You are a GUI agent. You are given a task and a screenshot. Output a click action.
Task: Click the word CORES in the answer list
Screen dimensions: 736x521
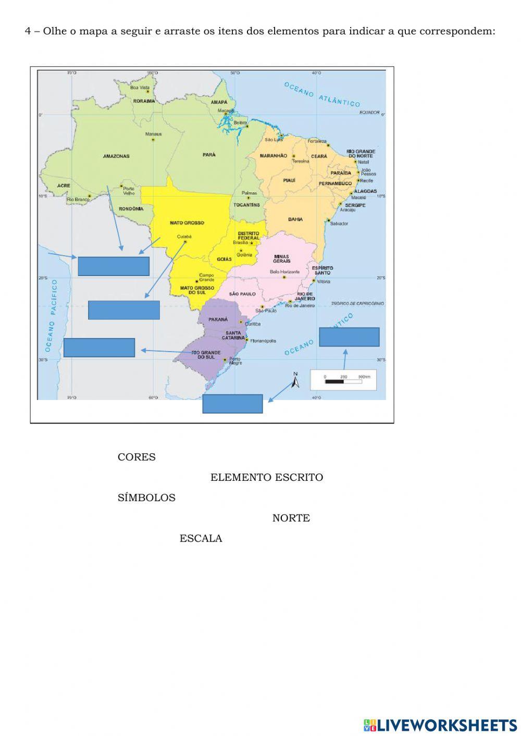[x=137, y=457]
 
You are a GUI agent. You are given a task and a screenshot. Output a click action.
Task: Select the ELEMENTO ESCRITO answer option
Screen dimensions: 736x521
[x=266, y=478]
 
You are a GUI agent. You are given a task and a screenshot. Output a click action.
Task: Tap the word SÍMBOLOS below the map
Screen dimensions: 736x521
[x=146, y=498]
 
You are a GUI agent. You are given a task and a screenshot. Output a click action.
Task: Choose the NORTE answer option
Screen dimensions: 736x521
[x=291, y=518]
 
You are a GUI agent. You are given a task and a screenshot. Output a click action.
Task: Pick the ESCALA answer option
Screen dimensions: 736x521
[x=201, y=539]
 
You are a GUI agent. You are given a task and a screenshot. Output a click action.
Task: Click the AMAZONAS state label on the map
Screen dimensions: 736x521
[x=116, y=156]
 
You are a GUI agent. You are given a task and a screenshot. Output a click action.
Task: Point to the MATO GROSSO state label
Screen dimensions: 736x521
[x=187, y=223]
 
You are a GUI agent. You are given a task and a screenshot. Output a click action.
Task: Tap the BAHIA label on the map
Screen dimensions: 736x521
[x=295, y=219]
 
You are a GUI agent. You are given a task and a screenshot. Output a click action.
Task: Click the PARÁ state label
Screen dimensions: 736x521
[x=209, y=154]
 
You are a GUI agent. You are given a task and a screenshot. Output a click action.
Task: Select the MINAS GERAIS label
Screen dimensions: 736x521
[x=281, y=258]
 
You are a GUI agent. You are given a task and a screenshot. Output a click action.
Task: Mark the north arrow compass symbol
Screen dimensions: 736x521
[x=295, y=382]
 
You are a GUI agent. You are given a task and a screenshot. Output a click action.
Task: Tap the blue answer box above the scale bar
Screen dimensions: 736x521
[x=349, y=337]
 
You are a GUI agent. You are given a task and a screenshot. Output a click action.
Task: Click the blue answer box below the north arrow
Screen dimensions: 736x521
[x=232, y=404]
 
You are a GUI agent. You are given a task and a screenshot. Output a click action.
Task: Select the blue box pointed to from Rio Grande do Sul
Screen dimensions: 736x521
[x=99, y=347]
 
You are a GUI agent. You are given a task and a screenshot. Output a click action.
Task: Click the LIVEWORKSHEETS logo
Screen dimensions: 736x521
[x=440, y=725]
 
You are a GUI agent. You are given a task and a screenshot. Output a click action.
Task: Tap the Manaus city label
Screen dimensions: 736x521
[x=153, y=134]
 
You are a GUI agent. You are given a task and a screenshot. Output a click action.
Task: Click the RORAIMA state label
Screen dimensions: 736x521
[x=144, y=101]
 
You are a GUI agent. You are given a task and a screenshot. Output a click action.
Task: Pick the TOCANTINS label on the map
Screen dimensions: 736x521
[x=246, y=205]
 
